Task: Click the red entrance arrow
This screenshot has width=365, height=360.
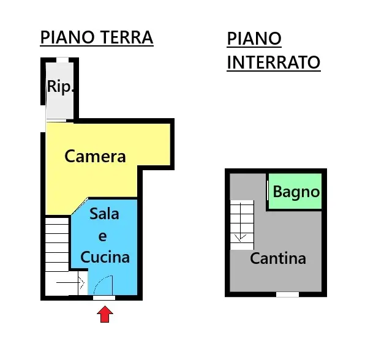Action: [105, 314]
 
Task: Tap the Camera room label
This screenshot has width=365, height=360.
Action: [95, 156]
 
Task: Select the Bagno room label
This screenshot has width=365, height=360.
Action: [296, 193]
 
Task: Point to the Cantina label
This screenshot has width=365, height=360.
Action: [278, 258]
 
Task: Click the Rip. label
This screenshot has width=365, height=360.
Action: [60, 87]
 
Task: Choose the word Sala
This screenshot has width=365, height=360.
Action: [104, 214]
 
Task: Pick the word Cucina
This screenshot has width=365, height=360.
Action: [105, 257]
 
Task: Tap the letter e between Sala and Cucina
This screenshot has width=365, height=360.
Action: [103, 236]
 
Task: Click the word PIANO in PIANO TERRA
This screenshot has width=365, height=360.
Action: [68, 37]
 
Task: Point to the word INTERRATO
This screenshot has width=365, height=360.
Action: [274, 62]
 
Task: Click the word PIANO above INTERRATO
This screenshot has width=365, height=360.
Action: [254, 39]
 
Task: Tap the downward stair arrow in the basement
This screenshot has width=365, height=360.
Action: [241, 222]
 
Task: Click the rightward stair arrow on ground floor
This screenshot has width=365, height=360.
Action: [70, 283]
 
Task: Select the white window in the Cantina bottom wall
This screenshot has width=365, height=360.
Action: [287, 294]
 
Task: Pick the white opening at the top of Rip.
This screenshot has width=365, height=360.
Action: [62, 60]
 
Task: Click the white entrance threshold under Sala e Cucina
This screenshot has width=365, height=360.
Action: [104, 298]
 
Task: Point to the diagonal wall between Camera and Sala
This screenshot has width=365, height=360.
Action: [80, 206]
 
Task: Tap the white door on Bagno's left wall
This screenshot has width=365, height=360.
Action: [268, 190]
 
